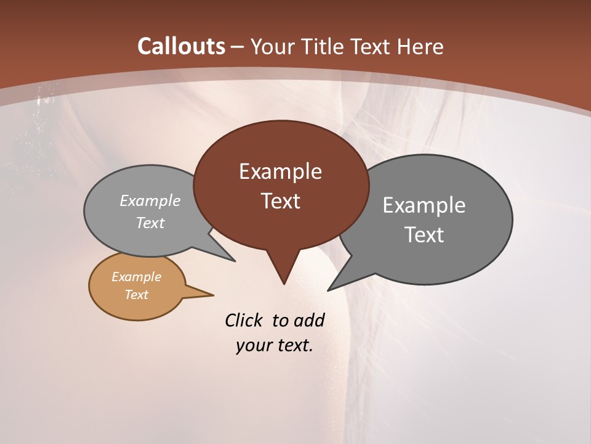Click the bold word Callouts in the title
pos(182,46)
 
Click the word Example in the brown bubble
pos(280,171)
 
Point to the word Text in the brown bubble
pos(280,201)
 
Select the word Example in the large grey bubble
pos(424,205)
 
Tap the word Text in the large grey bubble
pos(424,235)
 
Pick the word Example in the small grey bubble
pos(150,201)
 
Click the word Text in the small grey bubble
pos(150,223)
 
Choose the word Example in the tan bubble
pos(136,277)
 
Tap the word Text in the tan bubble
pos(136,295)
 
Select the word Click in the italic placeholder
pos(245,320)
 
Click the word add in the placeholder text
pos(308,320)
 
